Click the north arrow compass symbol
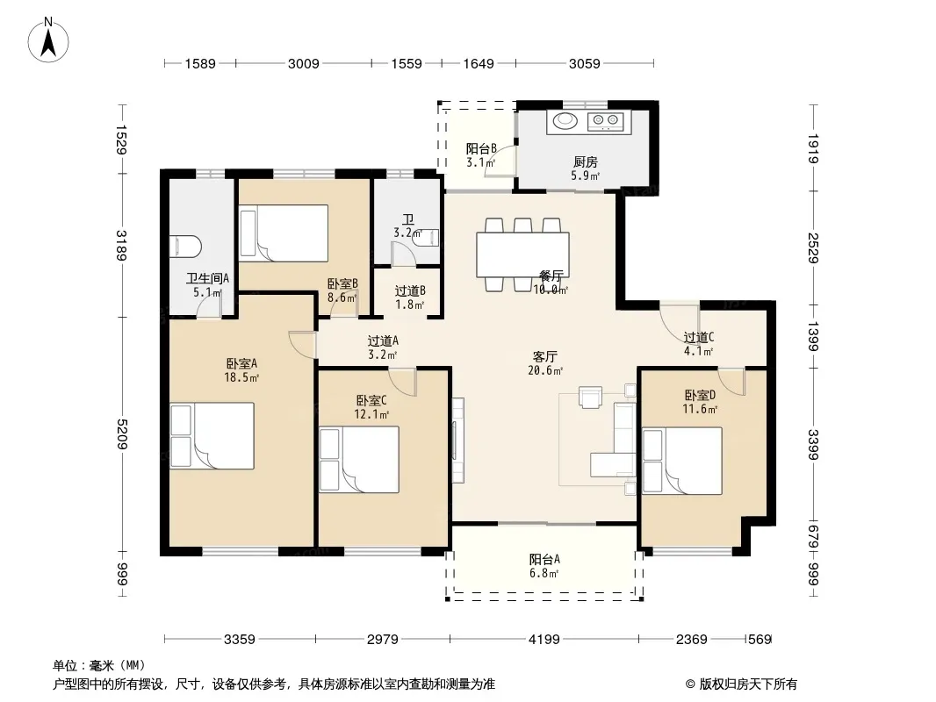[x=48, y=39]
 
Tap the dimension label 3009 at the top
[x=303, y=64]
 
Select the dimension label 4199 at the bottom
[x=544, y=640]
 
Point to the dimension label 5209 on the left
[x=122, y=434]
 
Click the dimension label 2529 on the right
[x=813, y=247]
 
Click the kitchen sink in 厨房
[x=565, y=121]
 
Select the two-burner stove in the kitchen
[x=605, y=121]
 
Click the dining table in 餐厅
[x=522, y=254]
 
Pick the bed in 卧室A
[x=212, y=435]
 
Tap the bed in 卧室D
[x=682, y=461]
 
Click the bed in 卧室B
[x=284, y=233]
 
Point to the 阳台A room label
[x=544, y=560]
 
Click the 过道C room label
[x=698, y=338]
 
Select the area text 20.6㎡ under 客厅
[x=545, y=370]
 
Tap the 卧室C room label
[x=371, y=401]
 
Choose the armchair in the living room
[x=590, y=398]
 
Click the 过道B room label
[x=410, y=291]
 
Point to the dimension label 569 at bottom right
[x=760, y=640]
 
